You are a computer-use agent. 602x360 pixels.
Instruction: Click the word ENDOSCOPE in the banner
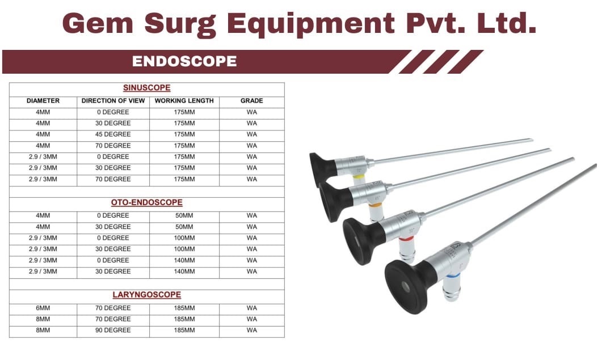coord(184,61)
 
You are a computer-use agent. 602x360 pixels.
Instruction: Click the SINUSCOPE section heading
coord(146,88)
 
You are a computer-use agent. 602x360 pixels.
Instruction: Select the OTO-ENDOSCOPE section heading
coord(146,202)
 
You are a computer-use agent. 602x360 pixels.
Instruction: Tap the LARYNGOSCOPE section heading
coord(146,295)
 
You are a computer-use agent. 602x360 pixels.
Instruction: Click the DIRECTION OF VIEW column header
coord(113,101)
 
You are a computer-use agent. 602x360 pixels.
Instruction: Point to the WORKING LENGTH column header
coord(184,101)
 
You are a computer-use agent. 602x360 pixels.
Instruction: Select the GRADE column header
coord(252,101)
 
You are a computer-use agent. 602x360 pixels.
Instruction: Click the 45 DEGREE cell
coord(113,134)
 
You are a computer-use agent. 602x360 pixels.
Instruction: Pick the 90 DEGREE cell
coord(113,330)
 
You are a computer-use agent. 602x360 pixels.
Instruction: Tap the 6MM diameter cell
coord(43,308)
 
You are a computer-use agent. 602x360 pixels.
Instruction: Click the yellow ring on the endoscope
coord(359,177)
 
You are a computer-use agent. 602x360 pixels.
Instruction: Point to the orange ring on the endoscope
coord(375,206)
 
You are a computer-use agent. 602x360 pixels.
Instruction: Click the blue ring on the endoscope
coord(452,275)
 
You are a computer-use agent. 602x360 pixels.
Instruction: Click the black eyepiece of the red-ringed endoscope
coord(363,240)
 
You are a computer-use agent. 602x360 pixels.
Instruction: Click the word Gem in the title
coord(98,24)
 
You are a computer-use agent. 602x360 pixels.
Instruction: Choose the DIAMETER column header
coord(43,101)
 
